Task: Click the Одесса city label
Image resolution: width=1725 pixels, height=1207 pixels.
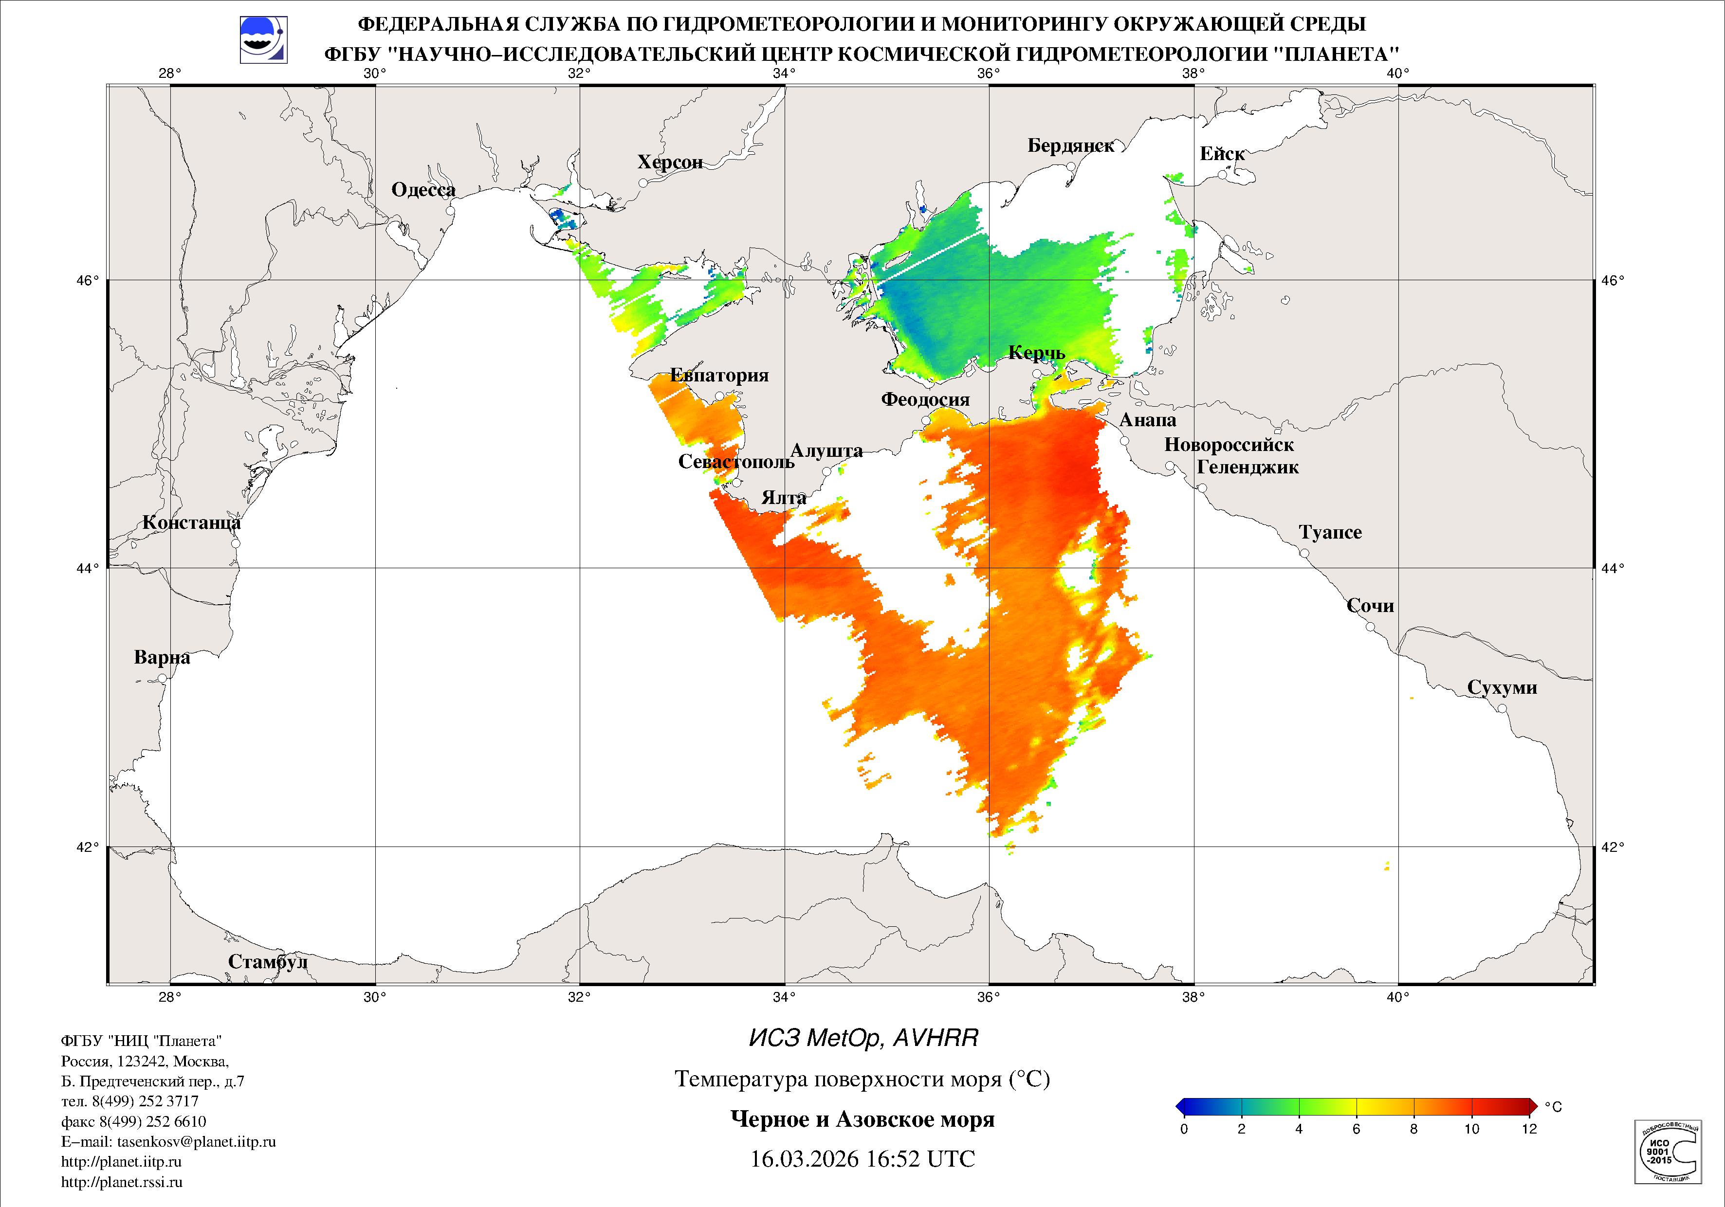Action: click(423, 190)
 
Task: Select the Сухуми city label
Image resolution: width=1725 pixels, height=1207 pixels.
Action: click(1502, 688)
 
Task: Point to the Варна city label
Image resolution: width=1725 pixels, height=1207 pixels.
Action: click(162, 658)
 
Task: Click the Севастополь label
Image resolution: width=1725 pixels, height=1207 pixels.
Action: click(735, 462)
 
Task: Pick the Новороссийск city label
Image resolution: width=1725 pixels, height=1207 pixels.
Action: click(1229, 445)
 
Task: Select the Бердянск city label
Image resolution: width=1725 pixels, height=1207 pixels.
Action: click(1071, 146)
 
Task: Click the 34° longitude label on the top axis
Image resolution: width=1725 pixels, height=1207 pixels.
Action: click(784, 73)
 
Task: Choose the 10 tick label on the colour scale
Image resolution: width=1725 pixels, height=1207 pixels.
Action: click(1471, 1129)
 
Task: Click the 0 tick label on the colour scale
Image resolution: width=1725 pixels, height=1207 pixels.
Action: click(1184, 1129)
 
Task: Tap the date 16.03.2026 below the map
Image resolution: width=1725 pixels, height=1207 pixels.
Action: click(804, 1159)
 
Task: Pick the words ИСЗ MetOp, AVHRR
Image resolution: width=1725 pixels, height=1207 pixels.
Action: click(863, 1039)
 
